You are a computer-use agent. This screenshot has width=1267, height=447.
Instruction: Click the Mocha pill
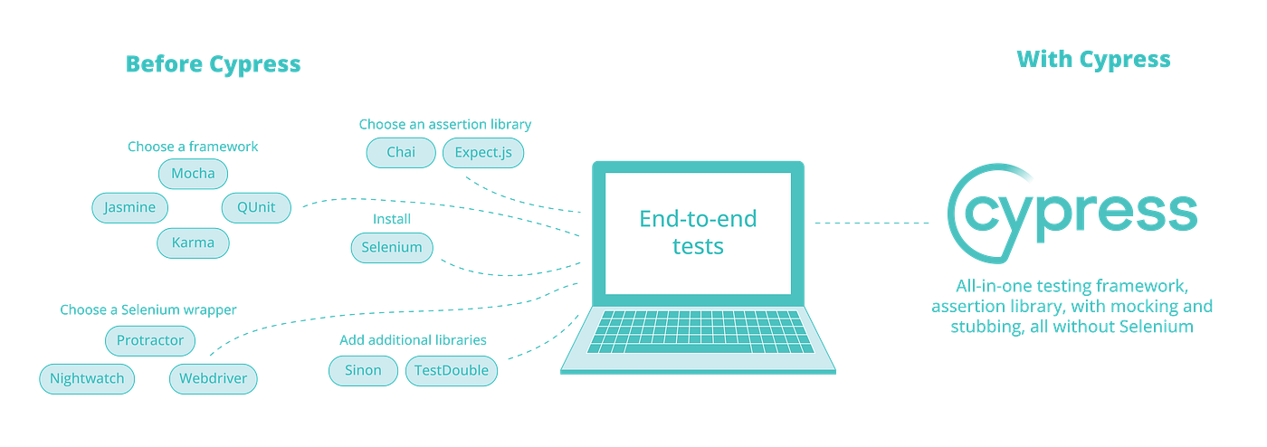tap(193, 173)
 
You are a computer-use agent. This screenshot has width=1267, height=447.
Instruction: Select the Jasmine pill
tap(129, 207)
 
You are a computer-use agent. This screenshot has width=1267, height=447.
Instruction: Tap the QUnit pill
tap(257, 207)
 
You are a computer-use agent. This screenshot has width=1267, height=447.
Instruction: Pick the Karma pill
tap(193, 243)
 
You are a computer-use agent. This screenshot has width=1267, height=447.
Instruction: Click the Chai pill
tap(400, 152)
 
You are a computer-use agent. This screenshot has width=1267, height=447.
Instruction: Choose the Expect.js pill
tap(483, 152)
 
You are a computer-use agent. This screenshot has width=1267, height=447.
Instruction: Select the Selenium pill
tap(391, 247)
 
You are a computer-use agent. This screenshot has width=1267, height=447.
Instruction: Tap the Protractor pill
tap(150, 341)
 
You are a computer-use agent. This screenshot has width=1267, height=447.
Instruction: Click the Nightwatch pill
tap(87, 378)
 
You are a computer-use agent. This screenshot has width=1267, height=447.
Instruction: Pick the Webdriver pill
tap(214, 378)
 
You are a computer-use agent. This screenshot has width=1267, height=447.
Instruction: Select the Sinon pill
tap(362, 370)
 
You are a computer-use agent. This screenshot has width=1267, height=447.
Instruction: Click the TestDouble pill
tap(452, 370)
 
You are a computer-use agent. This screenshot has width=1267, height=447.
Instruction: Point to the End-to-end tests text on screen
tap(698, 232)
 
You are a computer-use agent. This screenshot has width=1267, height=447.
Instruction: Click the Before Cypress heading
tap(213, 64)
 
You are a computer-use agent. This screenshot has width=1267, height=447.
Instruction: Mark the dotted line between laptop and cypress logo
tap(872, 222)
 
